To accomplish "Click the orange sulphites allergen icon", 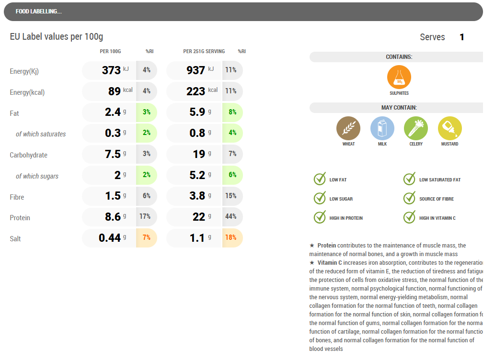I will click(x=399, y=78).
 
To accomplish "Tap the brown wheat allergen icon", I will click(x=348, y=128).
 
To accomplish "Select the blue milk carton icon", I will click(x=382, y=128).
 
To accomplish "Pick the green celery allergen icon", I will click(x=416, y=128).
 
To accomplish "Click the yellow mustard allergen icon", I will click(x=449, y=128).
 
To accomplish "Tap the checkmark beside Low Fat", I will click(x=320, y=179).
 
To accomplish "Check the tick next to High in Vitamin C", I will click(x=409, y=217).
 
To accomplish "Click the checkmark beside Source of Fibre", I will click(x=409, y=198).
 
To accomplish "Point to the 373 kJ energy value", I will click(x=111, y=70).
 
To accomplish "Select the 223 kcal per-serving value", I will click(x=196, y=91).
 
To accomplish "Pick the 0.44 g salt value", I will click(x=110, y=238).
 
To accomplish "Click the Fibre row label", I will click(x=17, y=197).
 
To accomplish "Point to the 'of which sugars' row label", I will click(x=37, y=176).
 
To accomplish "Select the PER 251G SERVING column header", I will click(x=204, y=51).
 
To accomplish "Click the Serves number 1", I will click(x=462, y=37).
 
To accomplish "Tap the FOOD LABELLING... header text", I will click(x=38, y=11).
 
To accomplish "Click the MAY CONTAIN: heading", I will click(x=399, y=108).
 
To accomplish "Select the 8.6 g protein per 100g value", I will click(x=113, y=217).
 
